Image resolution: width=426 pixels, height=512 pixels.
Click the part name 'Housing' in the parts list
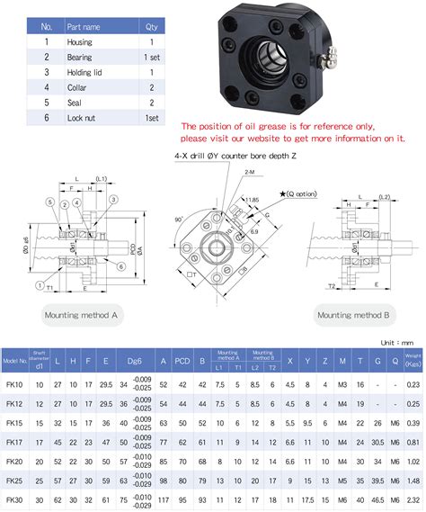point(79,41)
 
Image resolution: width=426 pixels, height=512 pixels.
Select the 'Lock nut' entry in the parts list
point(81,118)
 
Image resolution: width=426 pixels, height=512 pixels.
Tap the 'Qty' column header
point(150,26)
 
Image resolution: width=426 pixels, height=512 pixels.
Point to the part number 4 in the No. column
point(46,87)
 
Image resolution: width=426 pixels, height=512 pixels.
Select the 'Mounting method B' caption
point(353,315)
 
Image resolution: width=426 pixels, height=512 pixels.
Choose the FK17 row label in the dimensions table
point(14,442)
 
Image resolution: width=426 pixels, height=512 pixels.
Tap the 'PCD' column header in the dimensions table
point(182,362)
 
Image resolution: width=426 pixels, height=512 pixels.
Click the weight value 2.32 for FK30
point(413,499)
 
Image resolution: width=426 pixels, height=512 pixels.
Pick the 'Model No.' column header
point(14,362)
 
